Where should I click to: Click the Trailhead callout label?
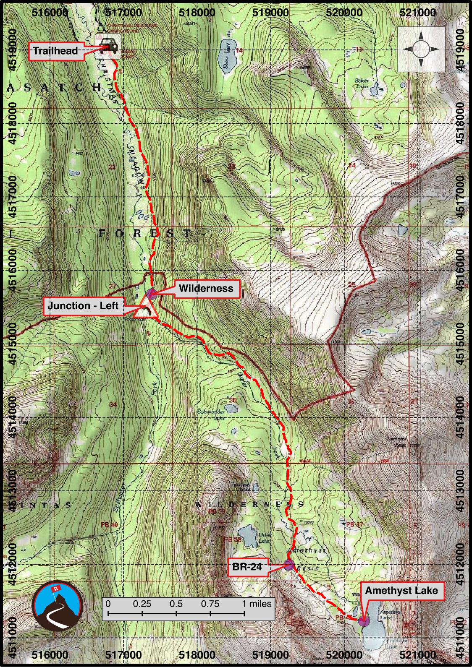coord(56,51)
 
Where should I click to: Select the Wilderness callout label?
coord(206,289)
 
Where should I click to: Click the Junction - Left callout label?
coord(84,306)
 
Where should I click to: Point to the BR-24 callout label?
coord(247,567)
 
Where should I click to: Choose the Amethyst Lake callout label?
coord(401,591)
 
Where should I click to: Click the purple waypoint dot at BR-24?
coord(288,565)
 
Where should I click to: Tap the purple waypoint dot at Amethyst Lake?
coord(364,620)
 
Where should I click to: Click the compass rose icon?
coord(421,49)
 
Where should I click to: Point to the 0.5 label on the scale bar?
coord(176,604)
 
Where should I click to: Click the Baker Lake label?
coord(362,83)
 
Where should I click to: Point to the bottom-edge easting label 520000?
coord(344,654)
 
